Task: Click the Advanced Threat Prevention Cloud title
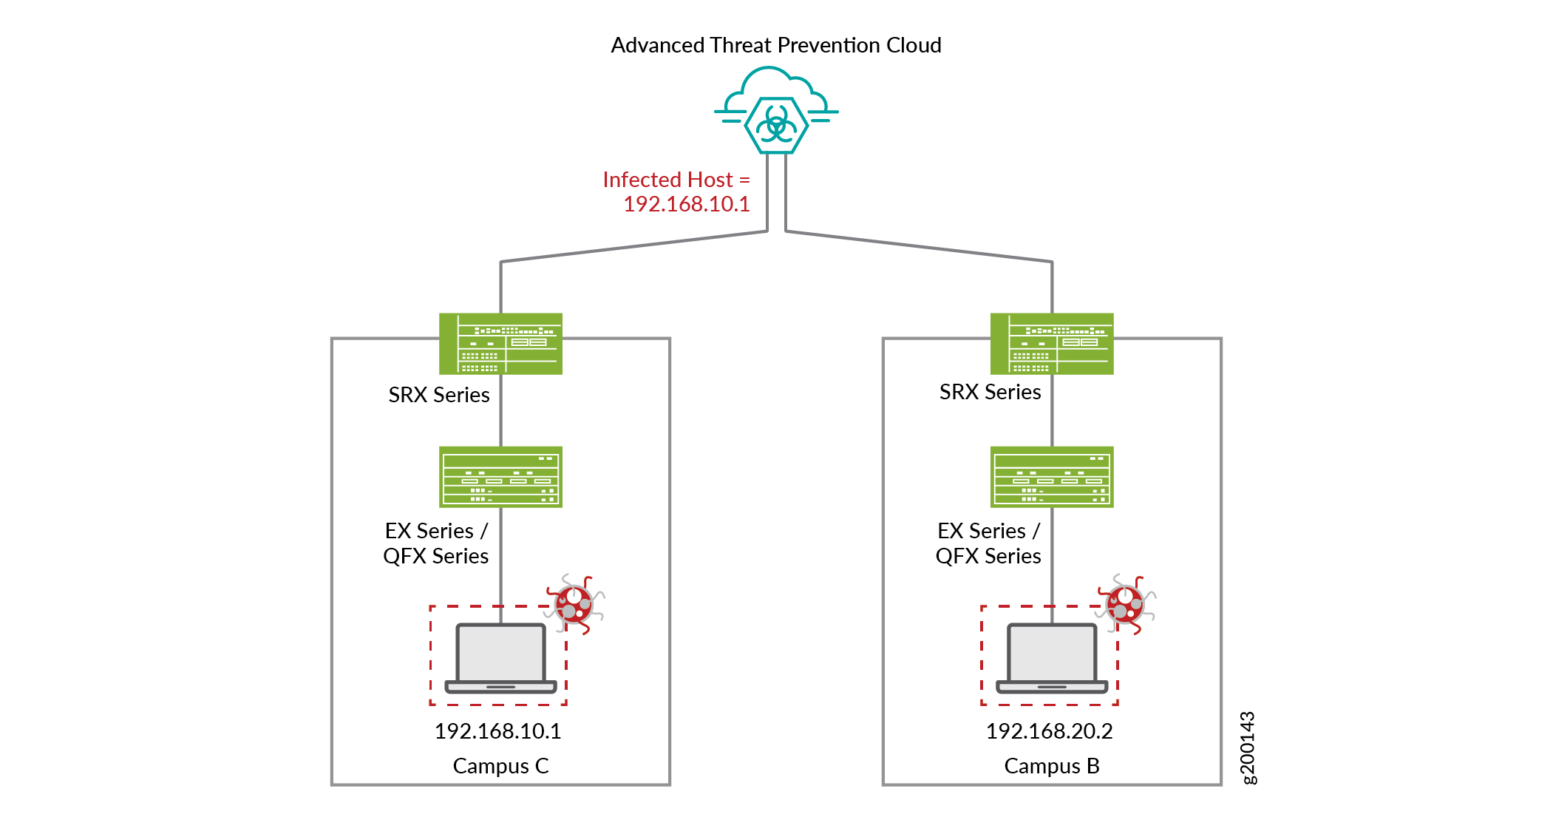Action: coord(775,45)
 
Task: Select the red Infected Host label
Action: coord(676,191)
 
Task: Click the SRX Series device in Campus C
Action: coord(500,344)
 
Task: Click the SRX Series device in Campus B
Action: coord(1051,344)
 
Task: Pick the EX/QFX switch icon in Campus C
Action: coord(500,477)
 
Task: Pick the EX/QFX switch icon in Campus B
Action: coord(1051,477)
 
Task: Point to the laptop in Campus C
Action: coord(500,658)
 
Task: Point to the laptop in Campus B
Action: coord(1051,658)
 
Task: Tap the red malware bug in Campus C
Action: coord(575,604)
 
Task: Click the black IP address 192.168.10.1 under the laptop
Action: coord(497,731)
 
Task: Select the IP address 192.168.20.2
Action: coord(1049,731)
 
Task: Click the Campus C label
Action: coord(500,766)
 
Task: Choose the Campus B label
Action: coord(1051,766)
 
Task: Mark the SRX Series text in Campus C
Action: coord(439,395)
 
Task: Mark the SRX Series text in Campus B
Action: coord(990,392)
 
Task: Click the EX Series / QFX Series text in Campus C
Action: coord(436,543)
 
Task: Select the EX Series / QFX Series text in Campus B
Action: coord(988,543)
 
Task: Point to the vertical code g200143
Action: coord(1248,747)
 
